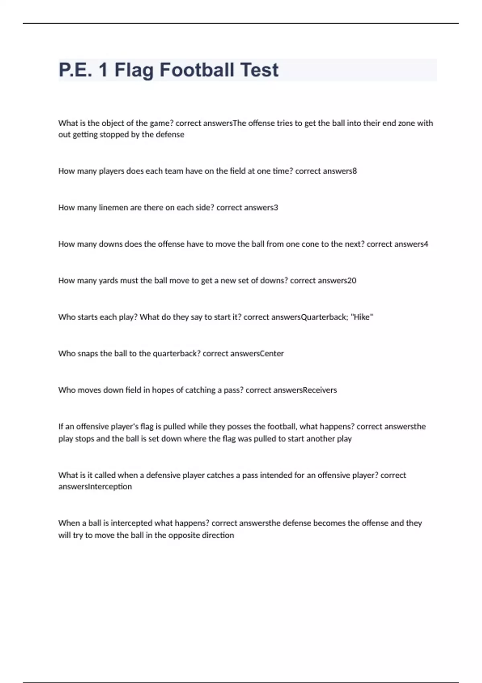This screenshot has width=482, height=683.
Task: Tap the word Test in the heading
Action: tap(259, 70)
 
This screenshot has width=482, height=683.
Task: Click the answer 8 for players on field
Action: tap(355, 171)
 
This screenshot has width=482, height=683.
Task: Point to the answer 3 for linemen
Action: tap(276, 208)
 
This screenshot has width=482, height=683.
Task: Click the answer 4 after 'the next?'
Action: tap(426, 244)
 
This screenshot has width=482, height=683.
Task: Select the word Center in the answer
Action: tap(272, 354)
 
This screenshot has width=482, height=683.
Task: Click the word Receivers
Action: tap(320, 390)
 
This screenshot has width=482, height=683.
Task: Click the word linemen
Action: tap(113, 208)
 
